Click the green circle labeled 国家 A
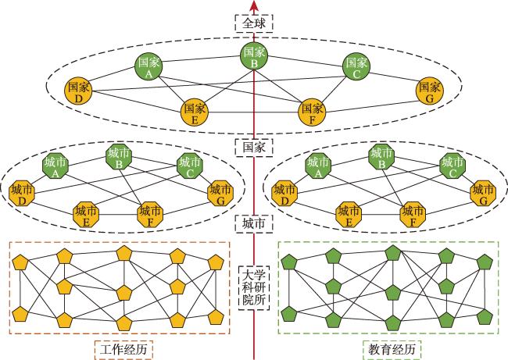148,66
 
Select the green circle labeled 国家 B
254,55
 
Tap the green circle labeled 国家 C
356,66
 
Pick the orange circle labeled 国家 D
78,91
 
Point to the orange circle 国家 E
195,112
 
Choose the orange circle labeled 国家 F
312,112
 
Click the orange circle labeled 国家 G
430,91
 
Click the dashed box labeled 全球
254,23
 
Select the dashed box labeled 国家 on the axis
254,148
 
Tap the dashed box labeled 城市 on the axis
254,223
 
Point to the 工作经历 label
123,350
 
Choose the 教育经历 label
392,350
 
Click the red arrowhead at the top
254,5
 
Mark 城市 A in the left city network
55,166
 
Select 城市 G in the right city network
483,194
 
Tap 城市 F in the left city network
150,215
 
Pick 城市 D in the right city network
284,194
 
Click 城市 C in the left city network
190,166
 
